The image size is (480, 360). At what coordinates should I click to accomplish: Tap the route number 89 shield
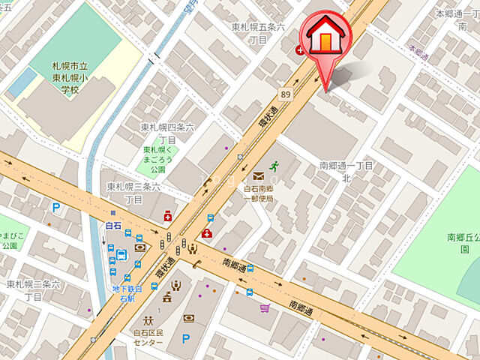pos(286,94)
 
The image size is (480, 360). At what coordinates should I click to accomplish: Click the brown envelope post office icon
pos(258,175)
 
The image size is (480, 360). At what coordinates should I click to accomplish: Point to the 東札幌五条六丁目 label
pos(259,33)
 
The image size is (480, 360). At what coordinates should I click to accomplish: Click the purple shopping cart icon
pos(264,307)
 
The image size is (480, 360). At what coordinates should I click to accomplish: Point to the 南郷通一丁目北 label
pos(346,171)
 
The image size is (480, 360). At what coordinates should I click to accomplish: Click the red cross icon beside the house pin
pos(300,50)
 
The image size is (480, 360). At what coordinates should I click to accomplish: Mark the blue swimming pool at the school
pos(21,82)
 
